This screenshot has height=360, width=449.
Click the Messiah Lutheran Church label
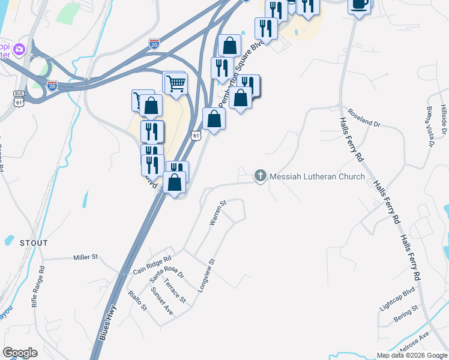(x=317, y=176)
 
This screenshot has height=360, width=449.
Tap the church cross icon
(x=260, y=176)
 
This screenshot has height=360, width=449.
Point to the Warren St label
(x=217, y=213)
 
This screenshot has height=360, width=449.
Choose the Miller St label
(x=85, y=257)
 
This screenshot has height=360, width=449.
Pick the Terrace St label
(x=175, y=290)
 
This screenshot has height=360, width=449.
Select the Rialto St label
(x=138, y=301)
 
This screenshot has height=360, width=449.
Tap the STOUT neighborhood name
(x=33, y=243)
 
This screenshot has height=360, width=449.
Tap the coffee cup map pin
(x=360, y=5)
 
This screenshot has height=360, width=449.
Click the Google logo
(x=20, y=353)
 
